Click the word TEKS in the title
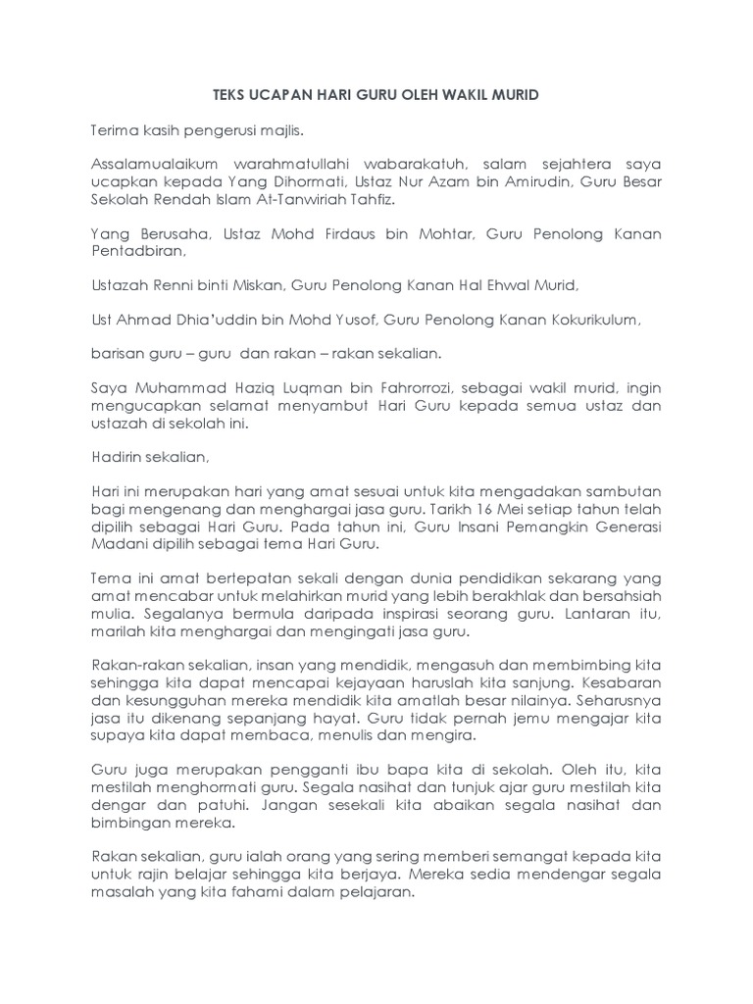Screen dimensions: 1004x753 tap(228, 95)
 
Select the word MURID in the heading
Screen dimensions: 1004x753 tap(513, 95)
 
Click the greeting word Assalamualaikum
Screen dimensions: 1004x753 tap(150, 162)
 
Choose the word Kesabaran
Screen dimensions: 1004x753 tap(621, 680)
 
